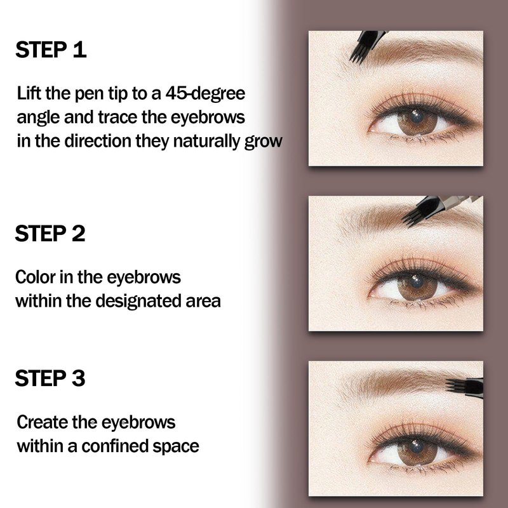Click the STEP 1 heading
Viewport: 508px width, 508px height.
pos(51,50)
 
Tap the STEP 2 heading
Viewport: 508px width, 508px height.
pos(50,233)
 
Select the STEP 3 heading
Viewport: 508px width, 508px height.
pos(50,378)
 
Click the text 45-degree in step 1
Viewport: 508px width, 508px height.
pos(205,94)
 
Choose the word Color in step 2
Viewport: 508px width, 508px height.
pos(36,277)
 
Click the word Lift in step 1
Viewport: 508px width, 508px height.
pos(29,93)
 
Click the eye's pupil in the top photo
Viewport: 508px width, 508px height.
pos(417,117)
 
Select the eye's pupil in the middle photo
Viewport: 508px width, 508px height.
pos(417,282)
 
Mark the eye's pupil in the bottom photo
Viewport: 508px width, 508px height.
pos(417,447)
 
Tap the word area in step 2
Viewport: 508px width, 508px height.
pos(203,302)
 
